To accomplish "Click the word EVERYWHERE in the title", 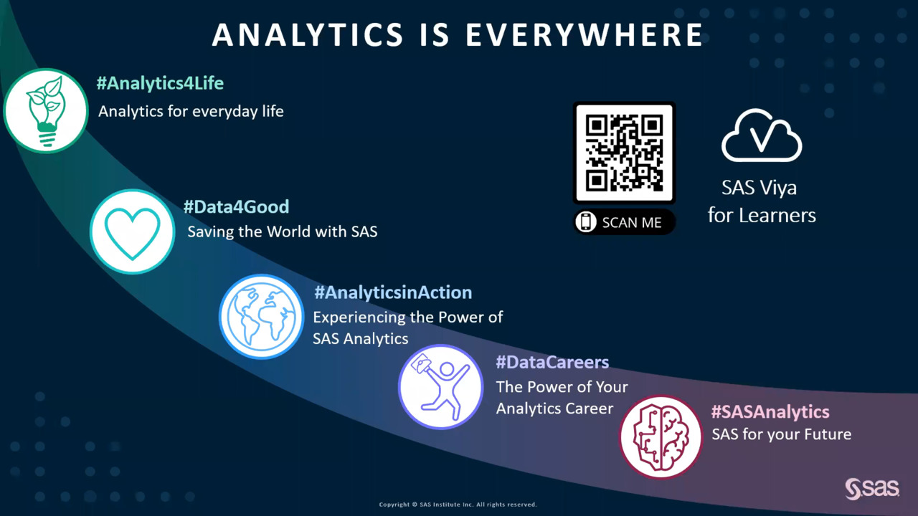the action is coord(585,34).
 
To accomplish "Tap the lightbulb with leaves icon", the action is coord(46,110).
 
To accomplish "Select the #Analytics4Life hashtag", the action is coord(160,83).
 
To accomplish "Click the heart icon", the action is coord(133,231).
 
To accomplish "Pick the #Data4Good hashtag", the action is coord(237,207).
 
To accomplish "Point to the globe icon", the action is coord(262,317).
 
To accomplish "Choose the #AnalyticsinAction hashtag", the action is coord(394,292).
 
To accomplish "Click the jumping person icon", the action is coord(440,387).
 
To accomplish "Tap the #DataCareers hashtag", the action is coord(552,362).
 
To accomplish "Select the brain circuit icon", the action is coord(661,437).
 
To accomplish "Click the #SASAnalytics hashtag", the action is coord(770,412).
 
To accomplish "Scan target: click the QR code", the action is coord(624,153).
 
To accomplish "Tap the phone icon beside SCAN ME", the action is coord(586,222).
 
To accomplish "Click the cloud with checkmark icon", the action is coord(762,135).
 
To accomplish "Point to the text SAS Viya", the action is coord(759,188).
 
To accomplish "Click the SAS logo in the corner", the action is coord(872,489).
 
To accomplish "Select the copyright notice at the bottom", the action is coord(458,505).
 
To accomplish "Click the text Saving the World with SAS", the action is coord(283,231).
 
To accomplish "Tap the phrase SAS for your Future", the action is coord(782,434).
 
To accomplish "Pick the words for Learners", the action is coord(762,216).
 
